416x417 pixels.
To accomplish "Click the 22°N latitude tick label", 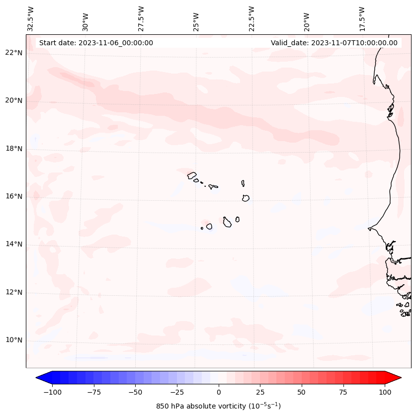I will coord(14,53).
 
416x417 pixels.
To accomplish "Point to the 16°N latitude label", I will coord(14,196).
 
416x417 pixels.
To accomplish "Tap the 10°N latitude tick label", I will coord(14,340).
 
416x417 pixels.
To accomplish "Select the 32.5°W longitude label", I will coord(31,19).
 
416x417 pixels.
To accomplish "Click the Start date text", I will coord(96,43).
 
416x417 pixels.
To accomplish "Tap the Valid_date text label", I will coord(334,43).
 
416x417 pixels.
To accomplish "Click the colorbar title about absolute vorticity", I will coord(218,406).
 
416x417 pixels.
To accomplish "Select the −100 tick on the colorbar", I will coord(52,392).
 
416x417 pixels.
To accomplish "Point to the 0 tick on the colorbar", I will coord(219,392).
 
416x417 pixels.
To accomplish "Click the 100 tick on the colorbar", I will coord(385,392).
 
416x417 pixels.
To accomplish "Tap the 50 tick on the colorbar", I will coord(302,392).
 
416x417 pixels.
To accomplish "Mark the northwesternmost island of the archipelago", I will coord(192,175).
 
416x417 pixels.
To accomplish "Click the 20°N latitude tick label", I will coord(14,100).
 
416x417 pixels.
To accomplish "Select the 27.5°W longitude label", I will coord(141,19).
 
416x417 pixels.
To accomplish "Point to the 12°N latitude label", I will coord(14,293).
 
